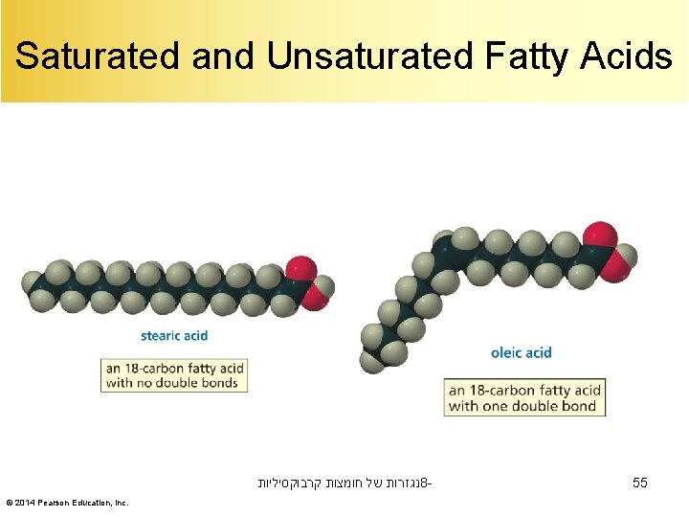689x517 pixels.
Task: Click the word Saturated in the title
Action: (x=99, y=56)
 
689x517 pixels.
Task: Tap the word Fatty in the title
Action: (x=518, y=56)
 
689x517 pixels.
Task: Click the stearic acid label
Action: (x=174, y=336)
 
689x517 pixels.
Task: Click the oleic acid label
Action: (x=521, y=352)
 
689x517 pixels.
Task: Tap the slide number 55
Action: (x=640, y=483)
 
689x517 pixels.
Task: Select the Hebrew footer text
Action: (x=344, y=483)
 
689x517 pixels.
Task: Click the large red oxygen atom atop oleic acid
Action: (x=600, y=236)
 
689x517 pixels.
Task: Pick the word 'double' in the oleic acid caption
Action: (x=543, y=406)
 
